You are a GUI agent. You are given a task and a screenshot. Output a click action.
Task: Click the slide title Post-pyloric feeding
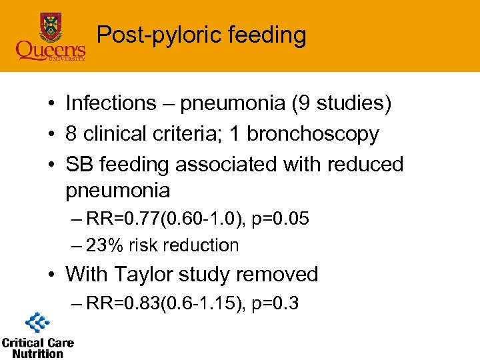click(x=201, y=35)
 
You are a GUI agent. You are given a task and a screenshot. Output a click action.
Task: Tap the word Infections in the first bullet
click(x=111, y=103)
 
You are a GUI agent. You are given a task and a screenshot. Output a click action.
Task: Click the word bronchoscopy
click(x=313, y=134)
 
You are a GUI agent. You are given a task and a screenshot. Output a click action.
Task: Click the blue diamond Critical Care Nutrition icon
click(x=37, y=325)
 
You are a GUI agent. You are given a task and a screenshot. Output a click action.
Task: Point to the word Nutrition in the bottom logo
click(x=37, y=353)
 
